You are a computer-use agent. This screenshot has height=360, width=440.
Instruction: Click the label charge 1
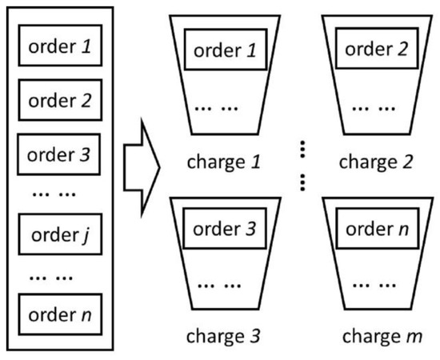tap(224, 162)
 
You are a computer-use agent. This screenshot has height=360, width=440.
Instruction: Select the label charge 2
tap(375, 162)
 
